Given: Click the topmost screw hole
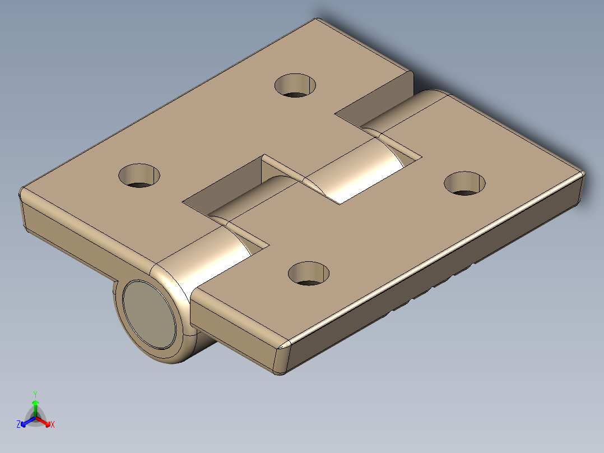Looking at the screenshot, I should point(295,85).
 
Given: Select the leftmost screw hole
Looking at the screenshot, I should point(139,175).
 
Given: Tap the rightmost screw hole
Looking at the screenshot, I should point(464,183).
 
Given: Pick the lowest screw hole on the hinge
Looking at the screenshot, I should point(308,272).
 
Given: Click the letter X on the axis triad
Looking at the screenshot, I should point(53,424).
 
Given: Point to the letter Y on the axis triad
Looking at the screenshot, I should point(35,394).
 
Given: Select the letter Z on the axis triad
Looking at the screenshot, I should point(18,424).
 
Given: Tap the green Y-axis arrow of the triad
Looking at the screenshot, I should point(35,406).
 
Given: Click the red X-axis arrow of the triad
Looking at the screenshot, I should point(44,421).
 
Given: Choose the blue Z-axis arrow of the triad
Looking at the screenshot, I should point(26,422).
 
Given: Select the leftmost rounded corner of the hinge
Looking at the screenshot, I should point(24,196).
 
